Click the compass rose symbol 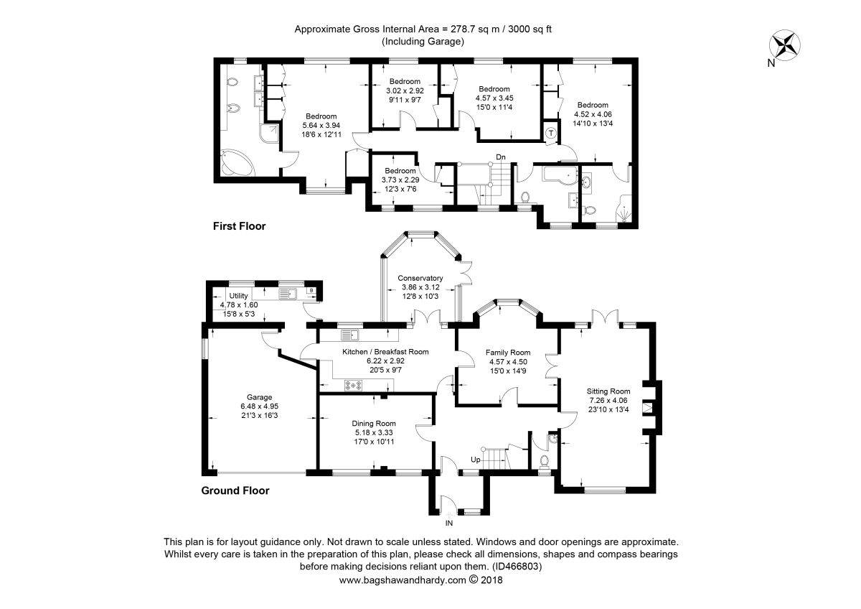tap(784, 45)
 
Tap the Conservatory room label tap(420, 278)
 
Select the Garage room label tap(260, 397)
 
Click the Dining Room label tap(374, 424)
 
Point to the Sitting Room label tap(608, 391)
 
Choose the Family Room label tap(508, 353)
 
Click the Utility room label tap(238, 295)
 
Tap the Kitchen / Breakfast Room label tap(385, 352)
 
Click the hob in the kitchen tap(353, 385)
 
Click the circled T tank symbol tap(551, 134)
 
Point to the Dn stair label tap(501, 157)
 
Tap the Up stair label tap(476, 460)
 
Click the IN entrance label tap(449, 524)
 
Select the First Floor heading tap(240, 226)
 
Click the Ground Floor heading tap(235, 491)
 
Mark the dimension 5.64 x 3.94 tap(321, 126)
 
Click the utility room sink tap(288, 294)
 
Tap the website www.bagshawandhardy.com tap(403, 580)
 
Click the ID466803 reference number tap(517, 567)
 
